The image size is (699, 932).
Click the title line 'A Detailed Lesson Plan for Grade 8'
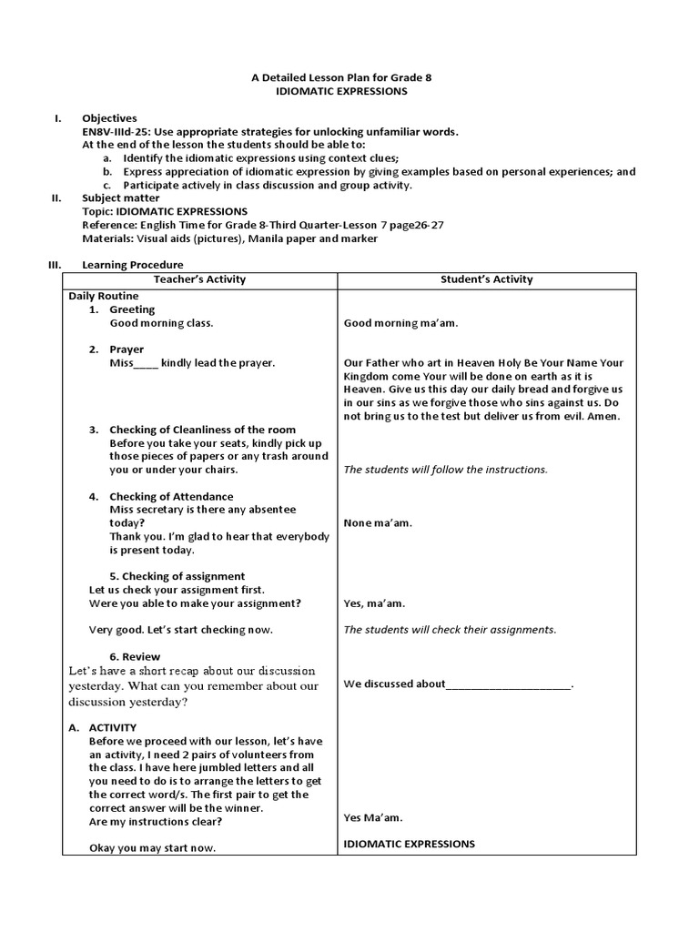pos(341,78)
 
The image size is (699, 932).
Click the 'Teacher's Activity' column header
pos(199,279)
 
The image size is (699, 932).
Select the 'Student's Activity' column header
pos(487,279)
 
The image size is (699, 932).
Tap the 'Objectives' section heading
pos(109,118)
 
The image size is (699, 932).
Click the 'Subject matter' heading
pos(120,198)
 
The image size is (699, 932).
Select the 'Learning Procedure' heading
pos(132,265)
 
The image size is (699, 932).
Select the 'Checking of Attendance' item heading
pos(171,496)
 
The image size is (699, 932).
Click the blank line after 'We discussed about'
pos(509,685)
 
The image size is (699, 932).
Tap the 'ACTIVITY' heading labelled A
pos(113,727)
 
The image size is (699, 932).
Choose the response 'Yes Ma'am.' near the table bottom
pos(373,817)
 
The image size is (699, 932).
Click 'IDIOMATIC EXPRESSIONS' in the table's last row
pos(409,844)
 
